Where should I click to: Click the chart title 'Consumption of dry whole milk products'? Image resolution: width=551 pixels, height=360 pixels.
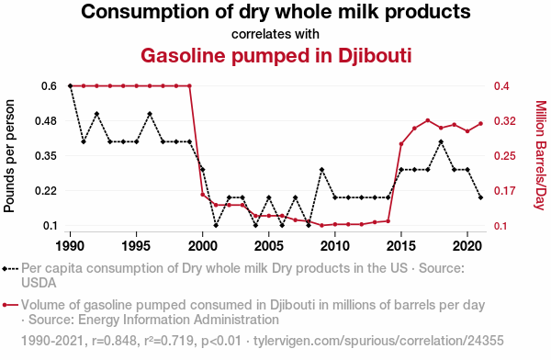click(x=275, y=13)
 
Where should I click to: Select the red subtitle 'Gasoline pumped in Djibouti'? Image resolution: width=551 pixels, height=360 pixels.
click(x=275, y=55)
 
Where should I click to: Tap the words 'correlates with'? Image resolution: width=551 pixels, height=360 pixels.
click(x=275, y=34)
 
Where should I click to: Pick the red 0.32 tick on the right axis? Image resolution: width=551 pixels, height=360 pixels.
click(x=500, y=120)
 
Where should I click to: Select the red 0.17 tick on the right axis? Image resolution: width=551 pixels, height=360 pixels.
click(x=500, y=191)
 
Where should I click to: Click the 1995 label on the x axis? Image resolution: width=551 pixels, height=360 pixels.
click(x=136, y=246)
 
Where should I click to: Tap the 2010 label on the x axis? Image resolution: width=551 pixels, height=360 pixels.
click(x=335, y=246)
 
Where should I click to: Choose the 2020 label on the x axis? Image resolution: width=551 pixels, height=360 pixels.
click(x=467, y=246)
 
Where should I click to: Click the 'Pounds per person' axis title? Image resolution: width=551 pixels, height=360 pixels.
click(x=11, y=156)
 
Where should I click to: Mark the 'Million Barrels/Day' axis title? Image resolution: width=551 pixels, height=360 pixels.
click(x=540, y=156)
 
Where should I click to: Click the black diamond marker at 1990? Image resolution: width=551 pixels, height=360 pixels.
click(x=70, y=85)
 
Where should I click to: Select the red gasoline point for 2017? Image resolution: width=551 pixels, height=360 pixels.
click(x=428, y=120)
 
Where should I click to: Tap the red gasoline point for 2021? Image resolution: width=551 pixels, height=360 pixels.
click(x=481, y=123)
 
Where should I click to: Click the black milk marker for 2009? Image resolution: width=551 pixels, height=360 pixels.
click(x=321, y=169)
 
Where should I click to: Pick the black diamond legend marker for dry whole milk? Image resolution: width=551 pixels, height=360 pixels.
click(x=10, y=268)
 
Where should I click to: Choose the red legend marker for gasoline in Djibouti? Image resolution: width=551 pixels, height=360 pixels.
click(x=10, y=305)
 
